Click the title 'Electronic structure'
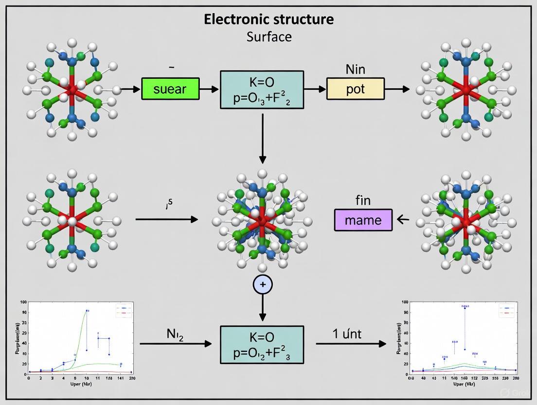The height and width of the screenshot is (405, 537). point(268,19)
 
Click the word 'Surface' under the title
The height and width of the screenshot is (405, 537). point(268,36)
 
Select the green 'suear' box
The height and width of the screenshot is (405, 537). point(170,89)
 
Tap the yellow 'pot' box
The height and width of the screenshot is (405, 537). point(355,89)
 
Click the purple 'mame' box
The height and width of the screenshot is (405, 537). point(363,220)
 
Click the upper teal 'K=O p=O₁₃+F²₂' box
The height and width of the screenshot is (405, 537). point(262,90)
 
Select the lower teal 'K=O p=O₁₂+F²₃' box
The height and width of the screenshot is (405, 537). point(262,344)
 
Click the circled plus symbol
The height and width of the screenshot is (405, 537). point(263,284)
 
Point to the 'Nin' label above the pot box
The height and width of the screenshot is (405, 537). point(355,69)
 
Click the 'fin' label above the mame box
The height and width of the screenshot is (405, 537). point(363,200)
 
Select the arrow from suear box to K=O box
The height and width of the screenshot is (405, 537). point(209,89)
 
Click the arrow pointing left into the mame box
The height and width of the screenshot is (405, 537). point(403,220)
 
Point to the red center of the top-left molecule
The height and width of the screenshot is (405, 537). point(72,89)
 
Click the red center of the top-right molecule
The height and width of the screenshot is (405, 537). point(466,90)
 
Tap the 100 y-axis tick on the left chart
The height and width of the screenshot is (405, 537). point(23,302)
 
